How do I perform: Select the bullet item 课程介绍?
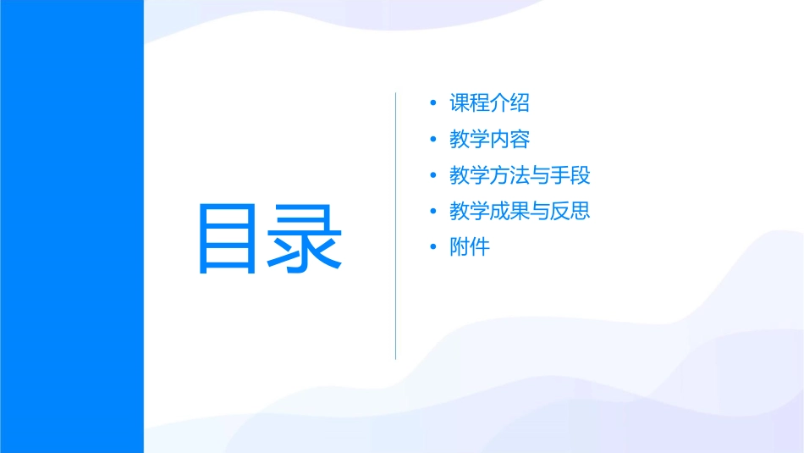tap(489, 103)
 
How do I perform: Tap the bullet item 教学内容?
tap(489, 140)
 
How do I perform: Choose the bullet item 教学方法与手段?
tap(520, 176)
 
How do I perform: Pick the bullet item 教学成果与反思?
tap(520, 212)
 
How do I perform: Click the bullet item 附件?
tap(470, 248)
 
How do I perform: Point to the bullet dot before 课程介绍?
tap(433, 104)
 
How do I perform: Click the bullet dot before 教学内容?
tap(433, 140)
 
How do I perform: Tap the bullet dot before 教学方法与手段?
tap(433, 176)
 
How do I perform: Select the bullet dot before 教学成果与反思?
tap(433, 212)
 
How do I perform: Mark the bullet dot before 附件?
tap(433, 248)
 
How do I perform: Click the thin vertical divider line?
tap(396, 225)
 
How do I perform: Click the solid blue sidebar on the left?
tap(71, 226)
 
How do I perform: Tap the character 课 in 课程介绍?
tap(460, 103)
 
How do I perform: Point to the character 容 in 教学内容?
tap(520, 140)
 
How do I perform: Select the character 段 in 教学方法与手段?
tap(580, 176)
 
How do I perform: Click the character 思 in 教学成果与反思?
tap(580, 212)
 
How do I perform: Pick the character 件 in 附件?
tap(480, 248)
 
